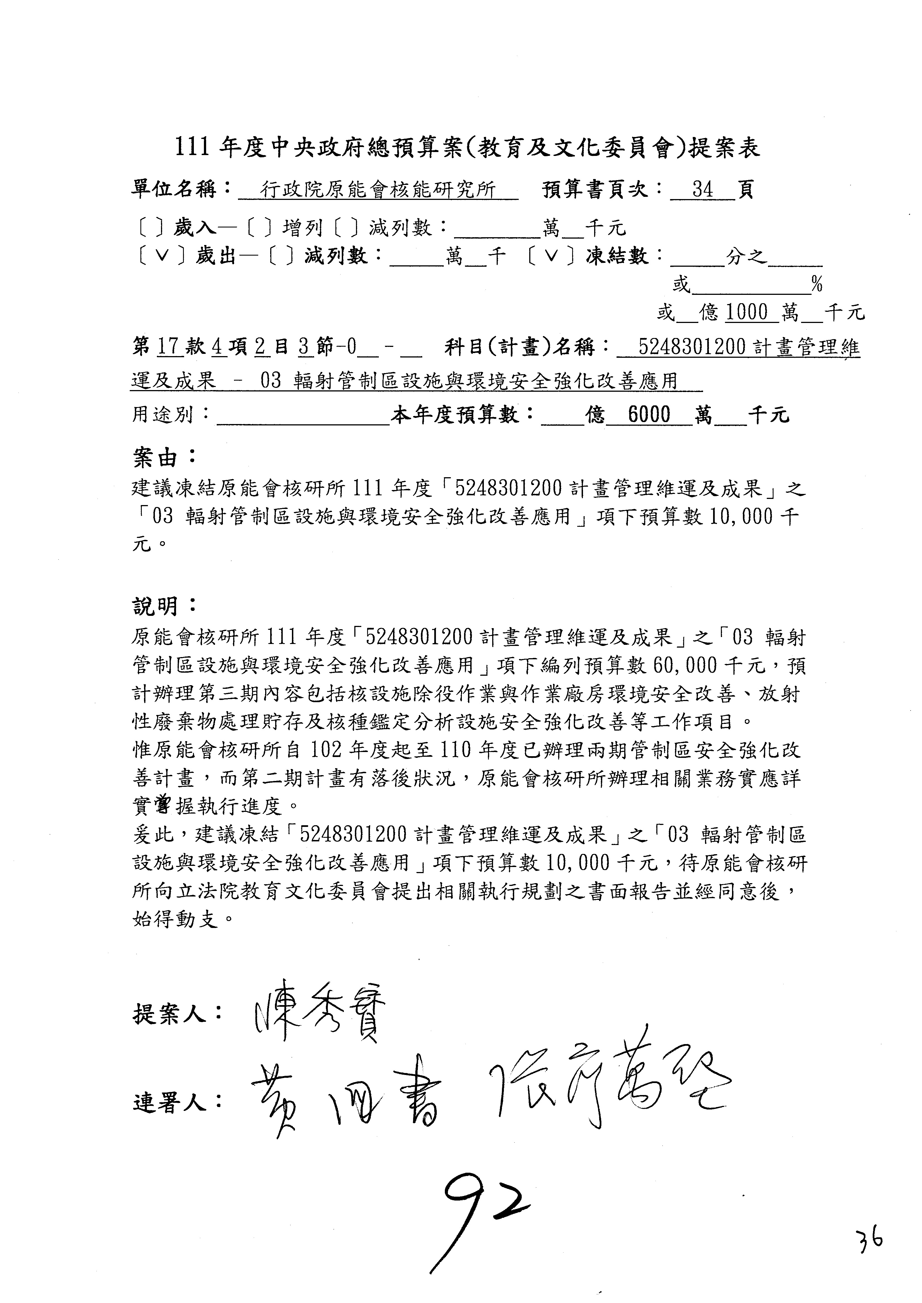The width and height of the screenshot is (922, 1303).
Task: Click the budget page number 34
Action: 702,190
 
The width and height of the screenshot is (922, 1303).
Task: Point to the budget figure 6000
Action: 649,415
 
